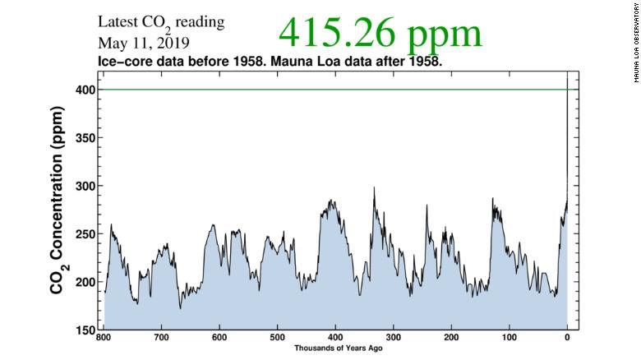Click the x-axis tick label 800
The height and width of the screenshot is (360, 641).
point(104,338)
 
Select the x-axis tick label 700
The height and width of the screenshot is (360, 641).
point(162,338)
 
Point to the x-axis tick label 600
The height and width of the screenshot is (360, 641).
point(219,338)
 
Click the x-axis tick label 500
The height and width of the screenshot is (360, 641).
point(278,338)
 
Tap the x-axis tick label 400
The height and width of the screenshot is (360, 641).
point(335,338)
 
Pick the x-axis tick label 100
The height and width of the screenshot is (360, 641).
point(509,338)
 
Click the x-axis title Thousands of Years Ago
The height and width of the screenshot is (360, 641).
point(335,348)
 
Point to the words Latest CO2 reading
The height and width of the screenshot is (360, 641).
point(161,22)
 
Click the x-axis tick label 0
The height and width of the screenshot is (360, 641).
point(566,338)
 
